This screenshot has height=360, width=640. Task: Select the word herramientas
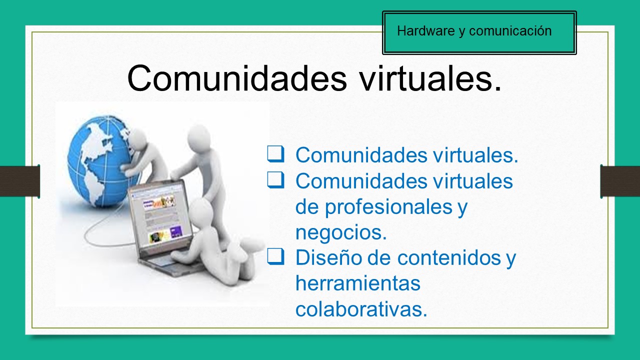[x=357, y=283]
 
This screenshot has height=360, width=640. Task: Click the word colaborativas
[x=361, y=309]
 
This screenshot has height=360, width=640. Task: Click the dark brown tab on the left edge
[x=19, y=181]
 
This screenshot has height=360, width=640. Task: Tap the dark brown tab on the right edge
[x=620, y=181]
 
